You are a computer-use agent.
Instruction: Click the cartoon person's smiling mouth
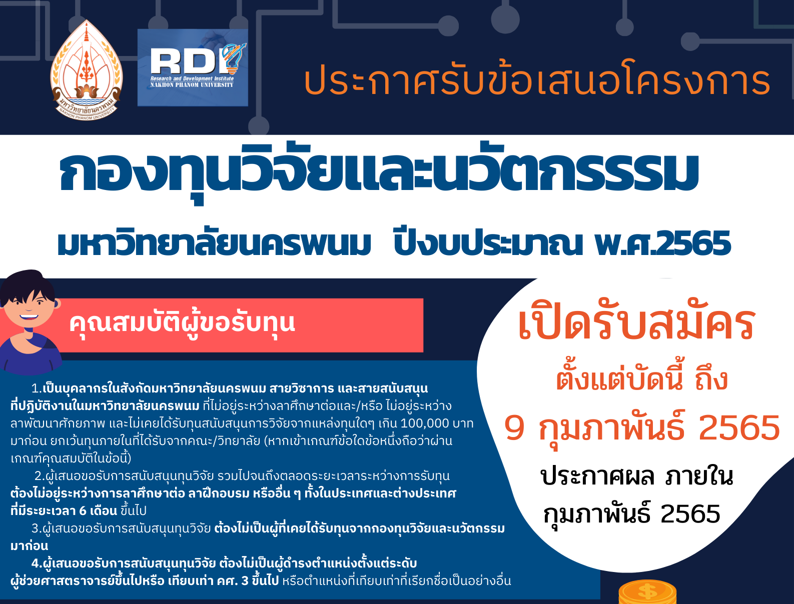click(29, 317)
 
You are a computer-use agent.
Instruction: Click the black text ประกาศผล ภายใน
click(636, 476)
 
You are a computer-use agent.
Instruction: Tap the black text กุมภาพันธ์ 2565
click(631, 514)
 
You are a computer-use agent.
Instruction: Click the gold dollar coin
click(647, 591)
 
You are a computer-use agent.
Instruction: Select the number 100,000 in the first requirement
click(424, 423)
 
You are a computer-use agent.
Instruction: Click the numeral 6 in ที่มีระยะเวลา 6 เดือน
click(83, 510)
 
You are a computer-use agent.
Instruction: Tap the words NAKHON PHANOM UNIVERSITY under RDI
click(192, 85)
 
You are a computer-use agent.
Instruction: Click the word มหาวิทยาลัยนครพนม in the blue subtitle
click(214, 244)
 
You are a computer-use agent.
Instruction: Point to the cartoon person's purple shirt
click(31, 355)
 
